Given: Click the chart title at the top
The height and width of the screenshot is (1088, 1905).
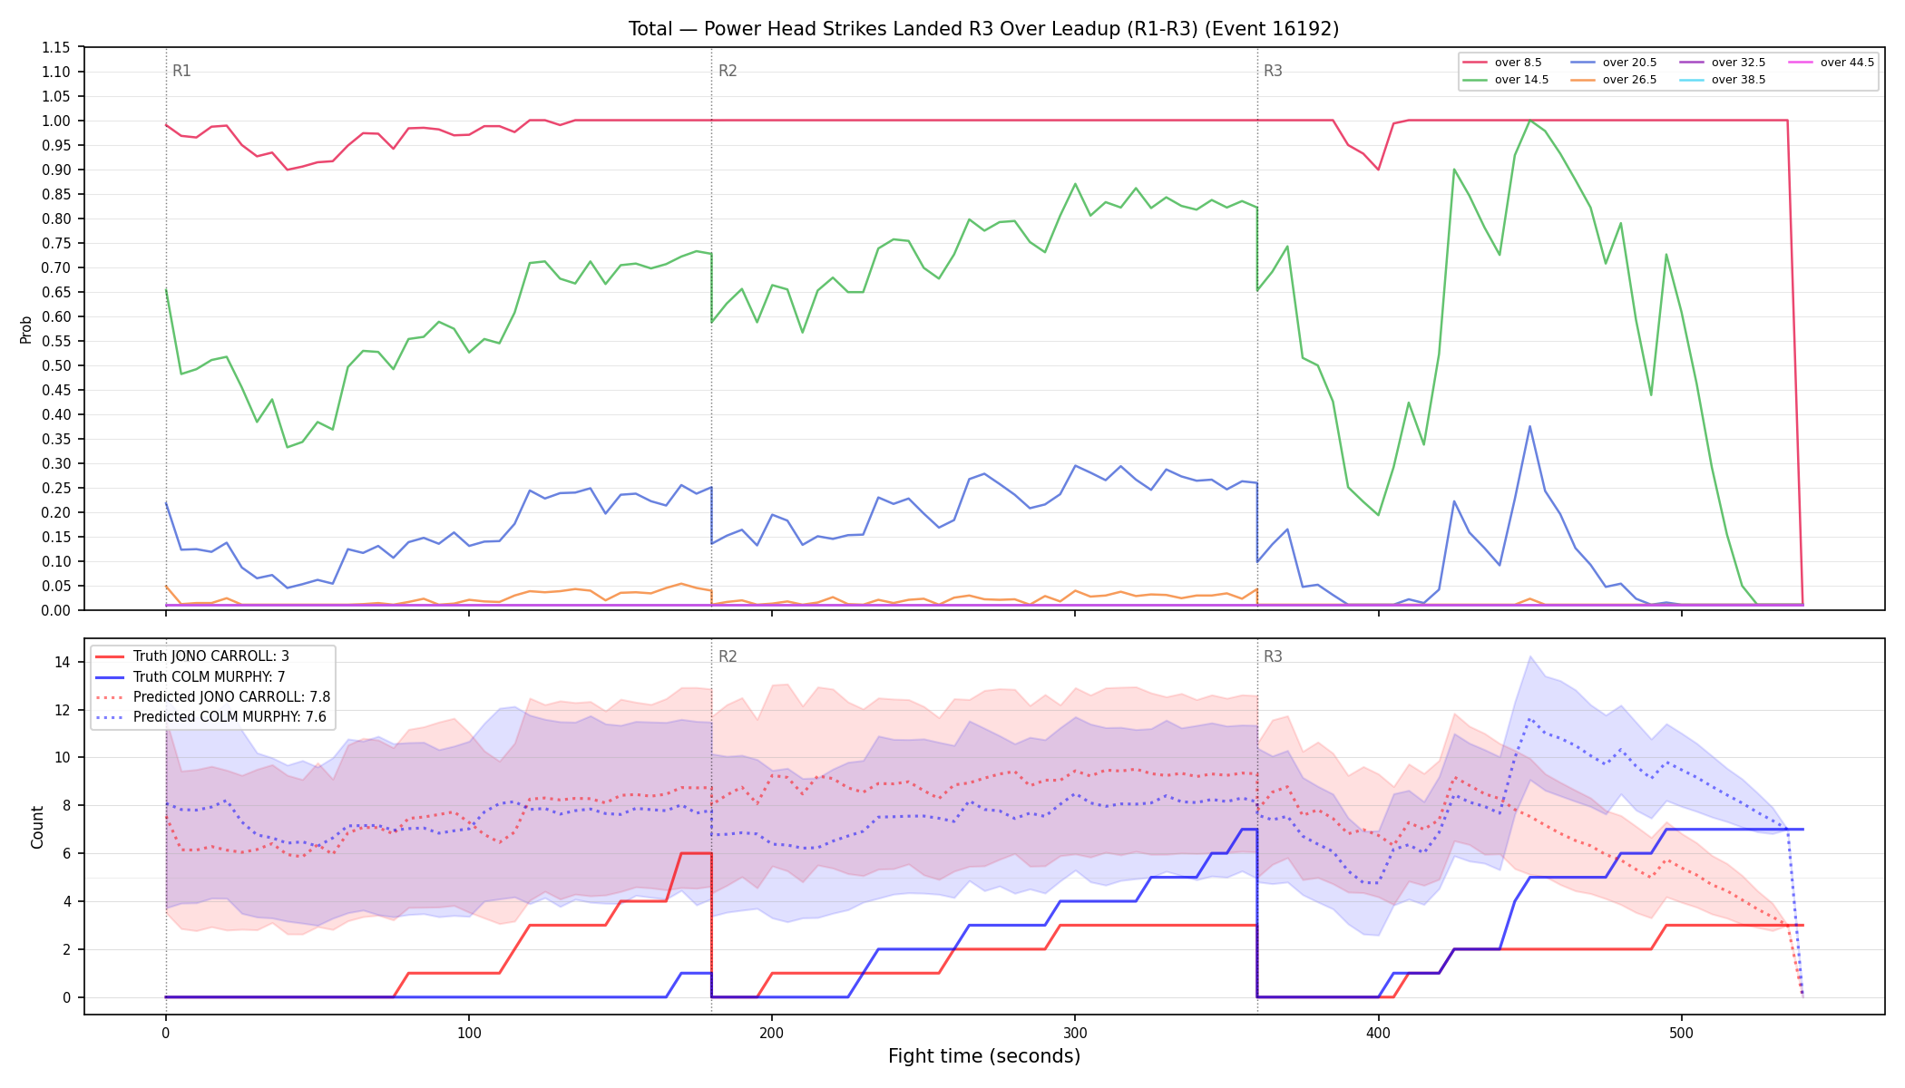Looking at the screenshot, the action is [x=983, y=29].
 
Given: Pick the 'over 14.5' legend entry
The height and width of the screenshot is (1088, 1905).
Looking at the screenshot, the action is [x=1506, y=80].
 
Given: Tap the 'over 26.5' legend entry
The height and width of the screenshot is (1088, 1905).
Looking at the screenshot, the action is [x=1614, y=80].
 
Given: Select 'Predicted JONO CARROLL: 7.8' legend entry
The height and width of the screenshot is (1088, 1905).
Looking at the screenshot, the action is [x=212, y=696].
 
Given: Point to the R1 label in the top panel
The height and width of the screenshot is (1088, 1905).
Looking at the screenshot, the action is [x=181, y=71].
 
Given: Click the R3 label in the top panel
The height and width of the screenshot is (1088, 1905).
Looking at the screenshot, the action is [x=1273, y=71].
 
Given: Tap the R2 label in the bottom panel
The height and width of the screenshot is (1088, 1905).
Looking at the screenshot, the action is [x=728, y=656].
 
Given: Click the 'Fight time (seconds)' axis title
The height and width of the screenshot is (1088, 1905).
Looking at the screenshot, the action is [x=984, y=1056].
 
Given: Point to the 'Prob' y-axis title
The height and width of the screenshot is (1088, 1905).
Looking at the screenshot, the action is [x=26, y=329].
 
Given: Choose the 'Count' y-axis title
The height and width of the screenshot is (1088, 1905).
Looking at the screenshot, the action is [x=37, y=827].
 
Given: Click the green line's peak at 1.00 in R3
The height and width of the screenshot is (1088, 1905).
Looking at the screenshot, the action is [x=1530, y=120].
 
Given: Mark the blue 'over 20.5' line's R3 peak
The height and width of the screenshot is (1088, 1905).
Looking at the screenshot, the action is [x=1530, y=426].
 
